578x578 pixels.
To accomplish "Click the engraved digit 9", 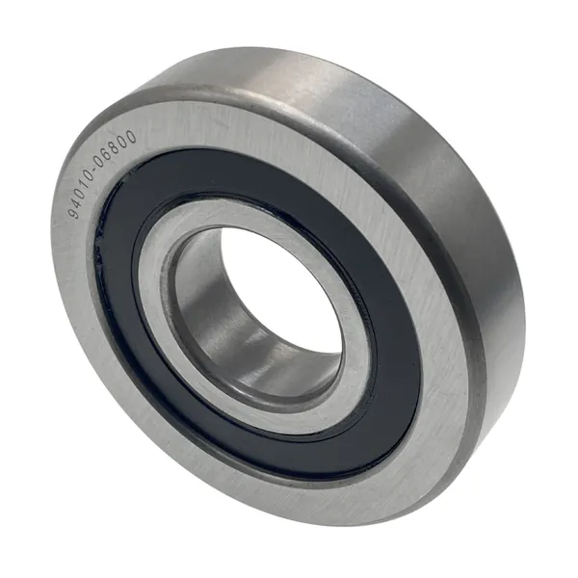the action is [76, 213].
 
